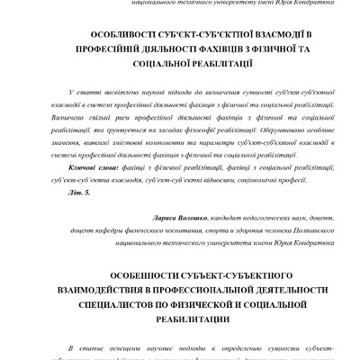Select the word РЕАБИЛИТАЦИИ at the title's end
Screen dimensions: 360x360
(x=180, y=319)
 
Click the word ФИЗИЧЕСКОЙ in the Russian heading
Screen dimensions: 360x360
(x=197, y=304)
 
